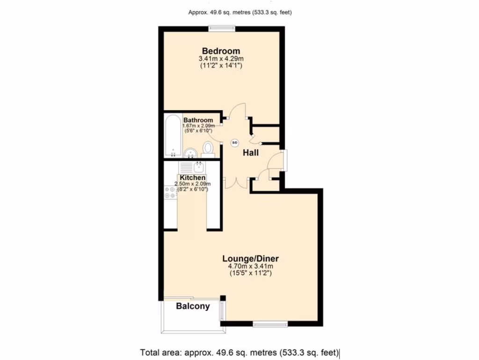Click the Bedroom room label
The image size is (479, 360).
coord(221,51)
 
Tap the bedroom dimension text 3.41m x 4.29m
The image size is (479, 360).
coord(221,59)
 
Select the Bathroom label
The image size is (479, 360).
coord(198,120)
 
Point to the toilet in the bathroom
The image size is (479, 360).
coord(208,150)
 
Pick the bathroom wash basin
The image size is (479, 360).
coord(190,153)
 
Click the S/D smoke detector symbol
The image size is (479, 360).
coord(235,142)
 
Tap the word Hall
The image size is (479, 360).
coord(250,153)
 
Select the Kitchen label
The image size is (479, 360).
coord(193,178)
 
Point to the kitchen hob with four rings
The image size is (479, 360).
coord(170,192)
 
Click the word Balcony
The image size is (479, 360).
coord(193,307)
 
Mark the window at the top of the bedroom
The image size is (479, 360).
coord(222,28)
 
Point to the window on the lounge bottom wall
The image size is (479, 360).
coord(270,323)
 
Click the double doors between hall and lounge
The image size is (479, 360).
coord(234,182)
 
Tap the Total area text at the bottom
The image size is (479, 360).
coord(239,352)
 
